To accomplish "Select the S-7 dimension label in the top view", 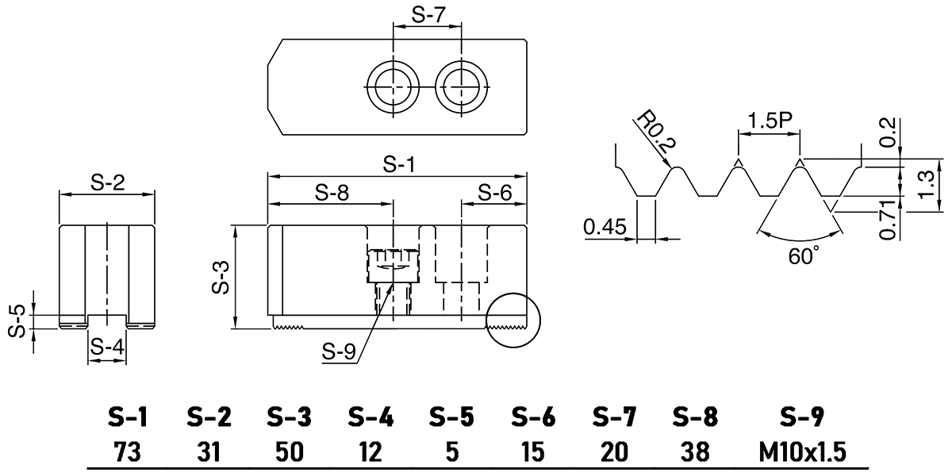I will click(428, 14).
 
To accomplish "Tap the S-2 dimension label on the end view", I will click(107, 183).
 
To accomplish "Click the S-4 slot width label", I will click(106, 347).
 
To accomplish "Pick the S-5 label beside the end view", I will click(17, 321).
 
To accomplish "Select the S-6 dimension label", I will click(495, 192).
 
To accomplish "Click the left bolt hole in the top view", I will click(393, 85).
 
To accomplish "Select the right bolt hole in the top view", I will click(463, 85).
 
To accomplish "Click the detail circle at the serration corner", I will click(512, 321).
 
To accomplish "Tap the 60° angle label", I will click(803, 255).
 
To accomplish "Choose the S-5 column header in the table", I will click(451, 416).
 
